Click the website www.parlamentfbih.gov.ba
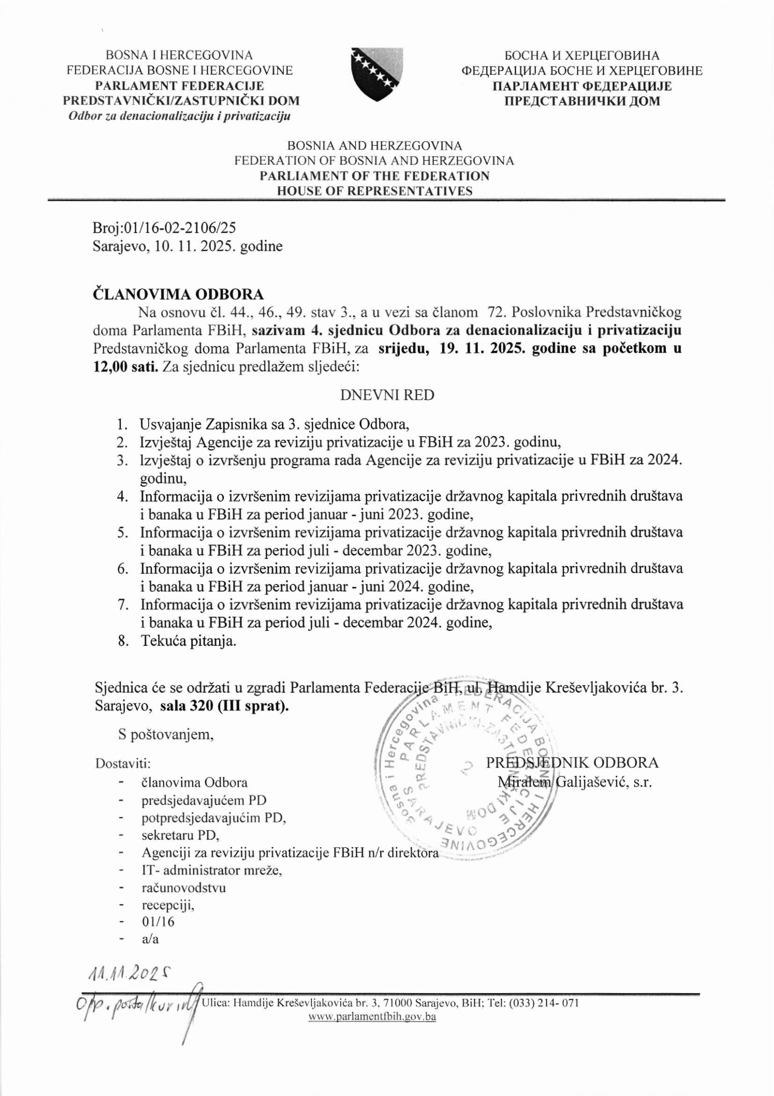[372, 1016]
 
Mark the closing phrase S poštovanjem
[166, 735]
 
